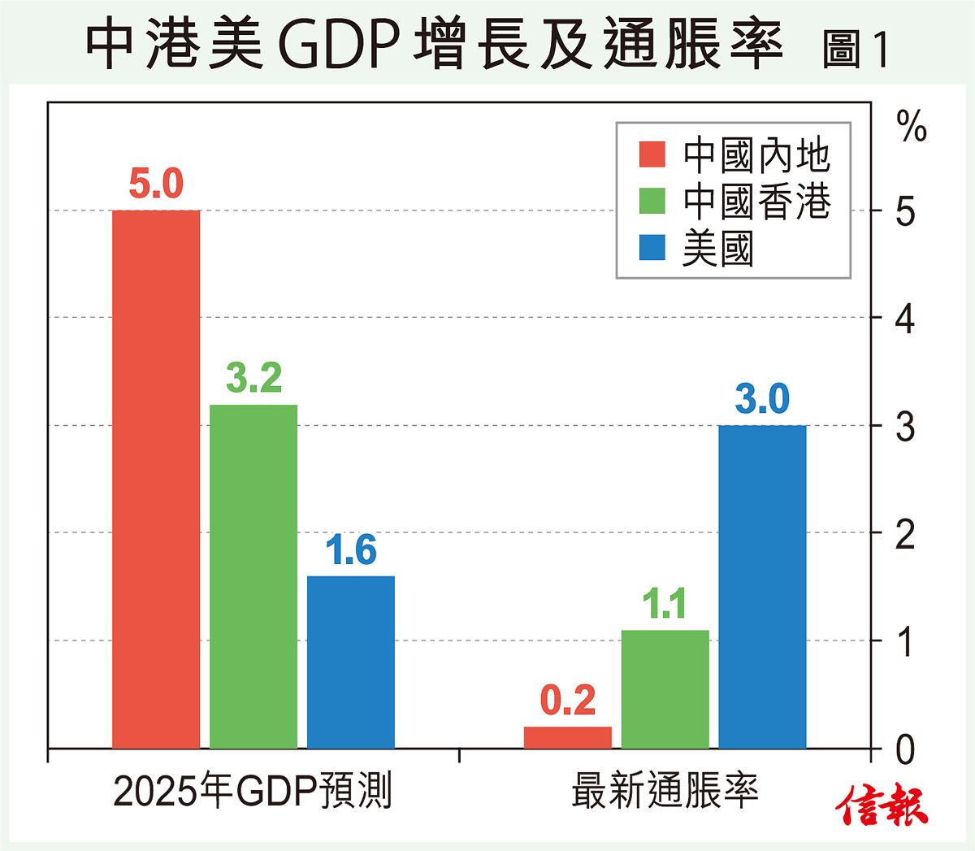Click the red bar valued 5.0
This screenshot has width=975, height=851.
[x=156, y=480]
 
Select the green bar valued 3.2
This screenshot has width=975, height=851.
[x=253, y=576]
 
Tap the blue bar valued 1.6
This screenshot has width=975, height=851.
[x=351, y=662]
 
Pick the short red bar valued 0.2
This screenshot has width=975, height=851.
[x=568, y=737]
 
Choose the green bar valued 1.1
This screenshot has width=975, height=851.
[x=665, y=689]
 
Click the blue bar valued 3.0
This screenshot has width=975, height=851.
[x=763, y=586]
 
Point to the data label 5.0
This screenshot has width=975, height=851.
[x=156, y=184]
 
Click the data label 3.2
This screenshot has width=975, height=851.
[x=253, y=378]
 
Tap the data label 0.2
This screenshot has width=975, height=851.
[x=568, y=701]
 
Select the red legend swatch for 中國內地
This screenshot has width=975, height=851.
[x=652, y=154]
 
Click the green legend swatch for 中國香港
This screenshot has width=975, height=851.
[x=652, y=201]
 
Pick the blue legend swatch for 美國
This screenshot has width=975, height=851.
[x=652, y=247]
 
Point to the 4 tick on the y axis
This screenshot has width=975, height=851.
[x=904, y=319]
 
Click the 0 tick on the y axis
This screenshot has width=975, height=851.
[x=904, y=749]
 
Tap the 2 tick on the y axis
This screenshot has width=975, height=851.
[x=904, y=534]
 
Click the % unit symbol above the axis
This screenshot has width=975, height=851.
[x=911, y=128]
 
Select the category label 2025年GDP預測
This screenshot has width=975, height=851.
[x=253, y=791]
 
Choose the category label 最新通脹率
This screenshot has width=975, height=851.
[x=665, y=791]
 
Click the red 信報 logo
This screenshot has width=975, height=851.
[x=882, y=805]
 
